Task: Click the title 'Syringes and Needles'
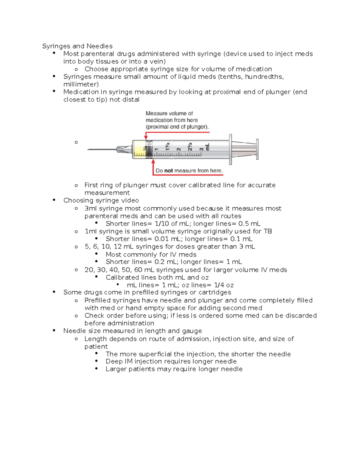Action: click(x=77, y=46)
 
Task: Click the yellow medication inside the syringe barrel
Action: click(x=139, y=149)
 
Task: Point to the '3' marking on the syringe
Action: click(x=202, y=149)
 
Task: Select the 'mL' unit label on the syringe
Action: click(x=207, y=147)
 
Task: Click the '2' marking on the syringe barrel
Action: click(x=178, y=149)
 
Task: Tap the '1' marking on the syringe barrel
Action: click(x=156, y=149)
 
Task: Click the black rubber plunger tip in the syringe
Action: click(x=148, y=149)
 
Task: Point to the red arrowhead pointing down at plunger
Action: click(x=146, y=137)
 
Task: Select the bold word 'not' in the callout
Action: click(x=169, y=171)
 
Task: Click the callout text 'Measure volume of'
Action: click(x=169, y=113)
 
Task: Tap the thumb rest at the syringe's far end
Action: click(x=257, y=149)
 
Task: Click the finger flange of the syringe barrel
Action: click(x=230, y=149)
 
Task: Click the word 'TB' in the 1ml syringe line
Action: click(x=268, y=231)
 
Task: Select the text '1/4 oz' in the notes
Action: click(x=224, y=285)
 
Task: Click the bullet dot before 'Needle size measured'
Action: click(x=54, y=330)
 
